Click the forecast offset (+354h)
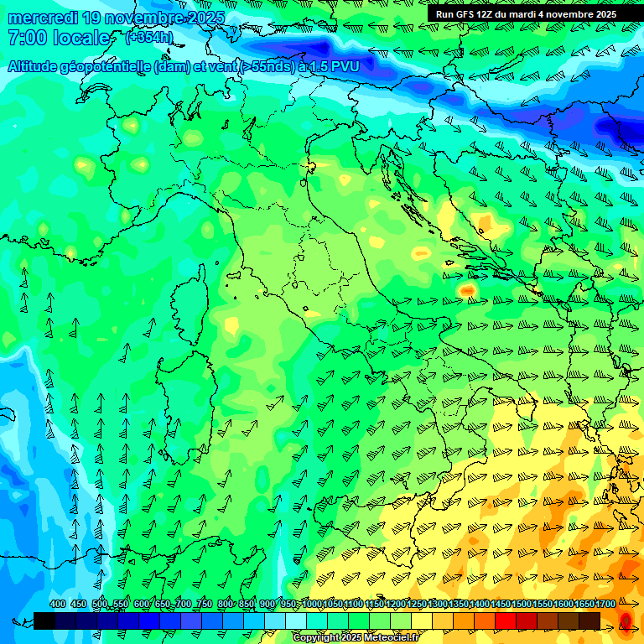pyautogui.click(x=149, y=38)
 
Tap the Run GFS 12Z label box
pyautogui.click(x=526, y=13)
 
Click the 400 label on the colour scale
pyautogui.click(x=58, y=604)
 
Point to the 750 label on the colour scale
pyautogui.click(x=204, y=604)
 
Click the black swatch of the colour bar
pyautogui.click(x=44, y=621)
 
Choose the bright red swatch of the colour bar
pyautogui.click(x=506, y=621)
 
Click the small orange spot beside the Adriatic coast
pyautogui.click(x=467, y=290)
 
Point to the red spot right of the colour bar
pyautogui.click(x=626, y=621)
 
